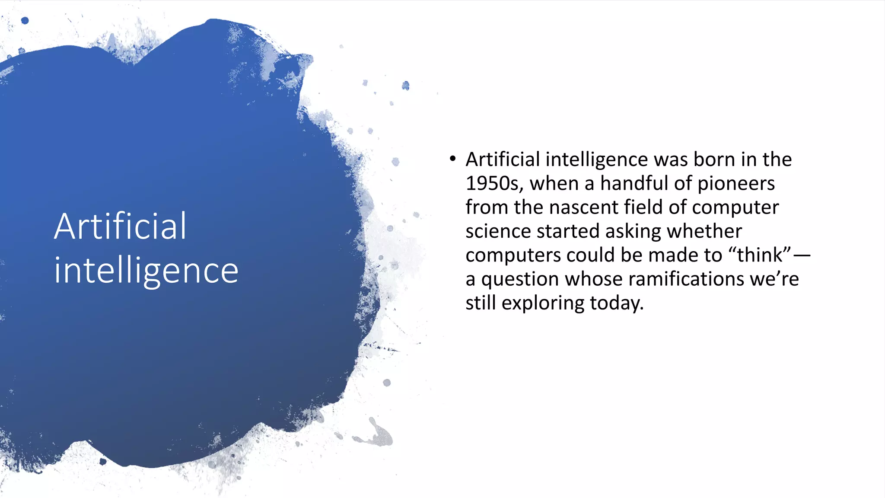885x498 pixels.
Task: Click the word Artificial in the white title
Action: [x=120, y=227]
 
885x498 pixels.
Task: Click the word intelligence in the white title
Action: [x=146, y=271]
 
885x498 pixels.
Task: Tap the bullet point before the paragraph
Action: [x=452, y=159]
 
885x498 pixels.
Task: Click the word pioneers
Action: [x=736, y=183]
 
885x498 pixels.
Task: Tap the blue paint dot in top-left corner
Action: [x=25, y=20]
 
